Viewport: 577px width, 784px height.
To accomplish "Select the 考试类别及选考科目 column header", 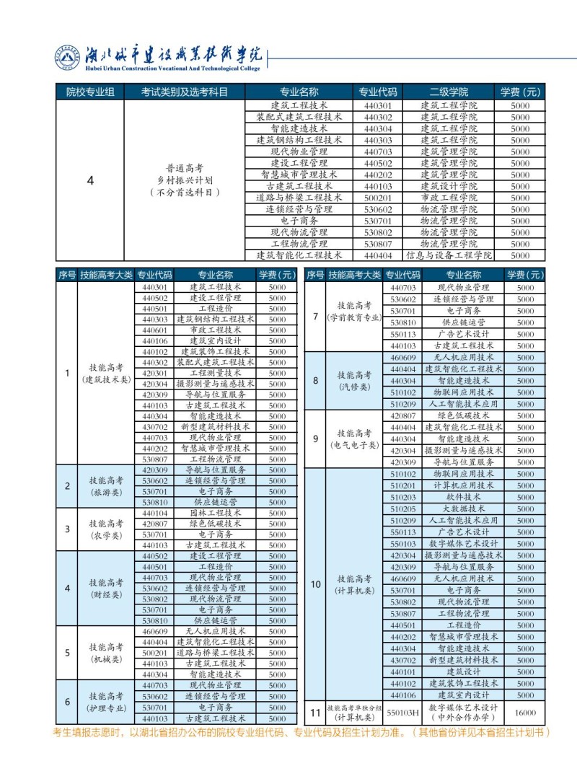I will [184, 92].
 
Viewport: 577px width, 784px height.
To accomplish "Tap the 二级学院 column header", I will [448, 92].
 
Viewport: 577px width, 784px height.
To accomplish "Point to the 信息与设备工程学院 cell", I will [449, 255].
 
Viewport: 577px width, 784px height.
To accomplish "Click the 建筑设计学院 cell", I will [449, 186].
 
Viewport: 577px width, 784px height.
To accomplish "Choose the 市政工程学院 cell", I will [449, 198].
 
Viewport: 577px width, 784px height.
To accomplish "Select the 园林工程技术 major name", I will [215, 513].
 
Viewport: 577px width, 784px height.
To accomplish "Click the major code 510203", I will [402, 497].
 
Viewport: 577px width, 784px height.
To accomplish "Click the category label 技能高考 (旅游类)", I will [106, 485].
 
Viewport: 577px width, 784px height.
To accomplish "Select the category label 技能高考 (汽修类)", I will [353, 381].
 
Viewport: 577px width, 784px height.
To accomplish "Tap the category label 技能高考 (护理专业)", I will [106, 702].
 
